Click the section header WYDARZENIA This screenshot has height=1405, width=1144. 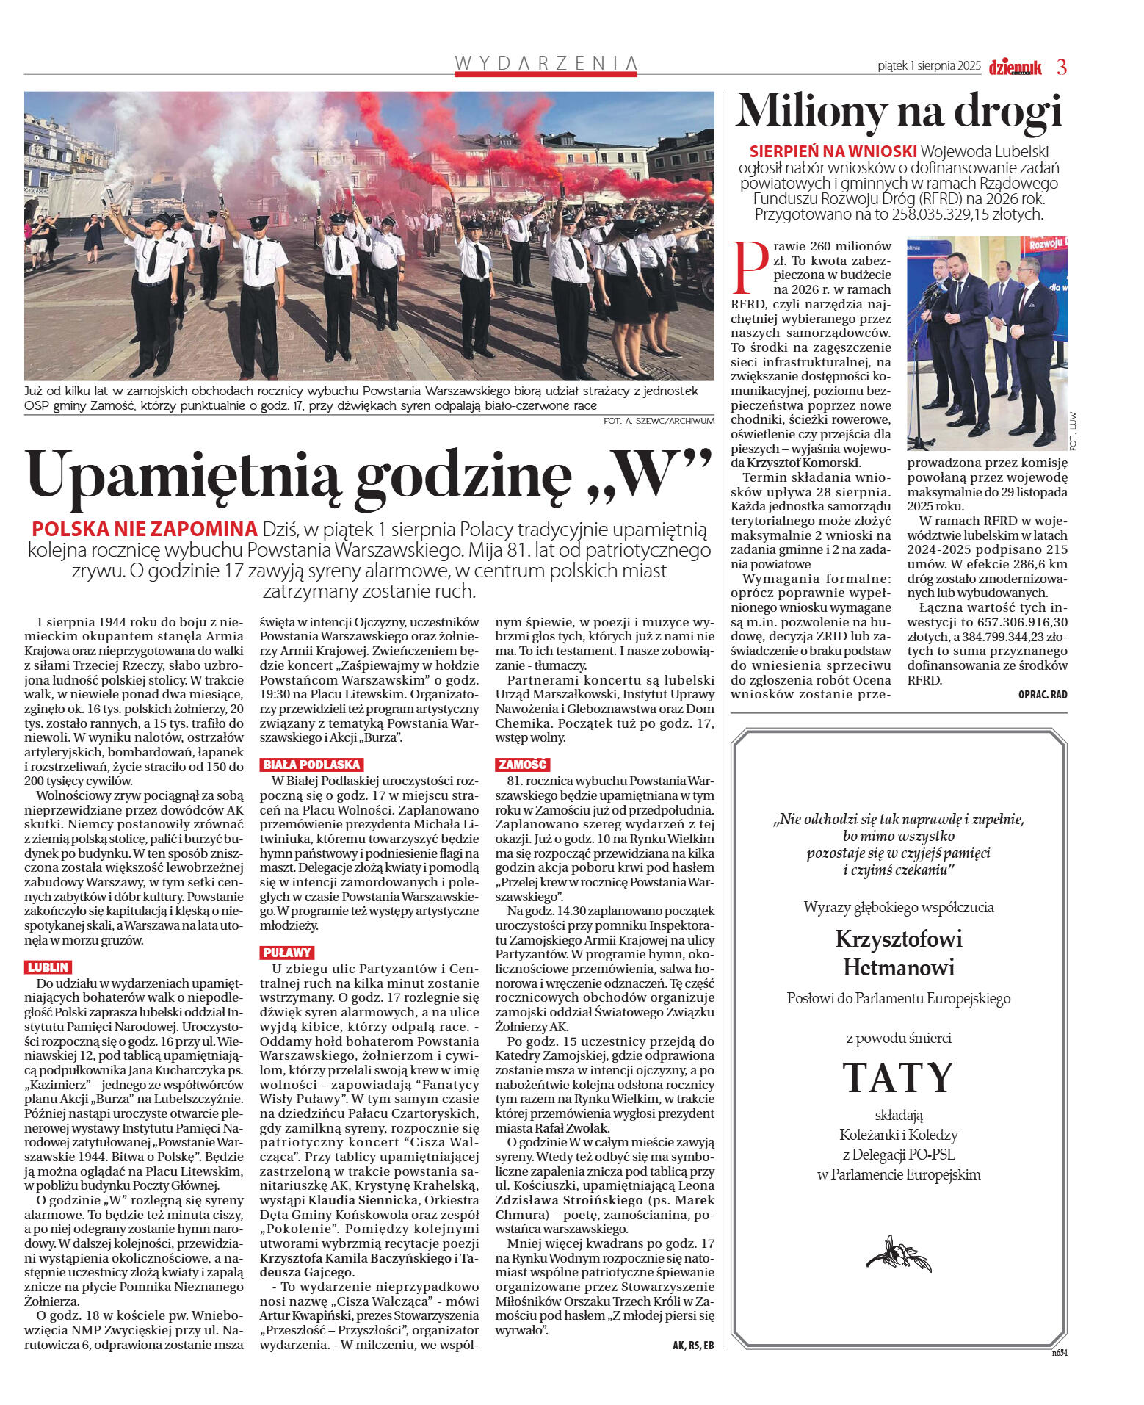[x=546, y=63]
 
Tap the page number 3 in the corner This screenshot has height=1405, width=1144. [x=1061, y=67]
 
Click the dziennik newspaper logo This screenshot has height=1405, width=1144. [x=1015, y=68]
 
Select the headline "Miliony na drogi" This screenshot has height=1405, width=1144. [x=899, y=112]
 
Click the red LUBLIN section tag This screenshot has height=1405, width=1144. [x=48, y=967]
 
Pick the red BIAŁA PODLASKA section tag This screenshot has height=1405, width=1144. [x=311, y=765]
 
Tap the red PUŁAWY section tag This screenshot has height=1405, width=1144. [x=287, y=953]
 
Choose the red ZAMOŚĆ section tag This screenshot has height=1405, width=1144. [x=522, y=765]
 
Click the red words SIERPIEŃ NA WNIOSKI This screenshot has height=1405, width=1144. [x=833, y=151]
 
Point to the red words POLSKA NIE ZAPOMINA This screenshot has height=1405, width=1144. [x=144, y=529]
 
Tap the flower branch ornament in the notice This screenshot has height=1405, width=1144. [x=898, y=1254]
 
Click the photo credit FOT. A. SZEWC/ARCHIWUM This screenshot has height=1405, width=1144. [x=659, y=421]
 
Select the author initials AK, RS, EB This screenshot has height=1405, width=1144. [x=692, y=1346]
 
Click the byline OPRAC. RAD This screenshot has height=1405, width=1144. [x=1042, y=694]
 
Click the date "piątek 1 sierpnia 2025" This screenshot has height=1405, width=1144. [x=929, y=66]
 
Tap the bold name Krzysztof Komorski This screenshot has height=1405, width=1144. [x=803, y=463]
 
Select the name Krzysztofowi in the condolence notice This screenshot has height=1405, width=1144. [x=898, y=939]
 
